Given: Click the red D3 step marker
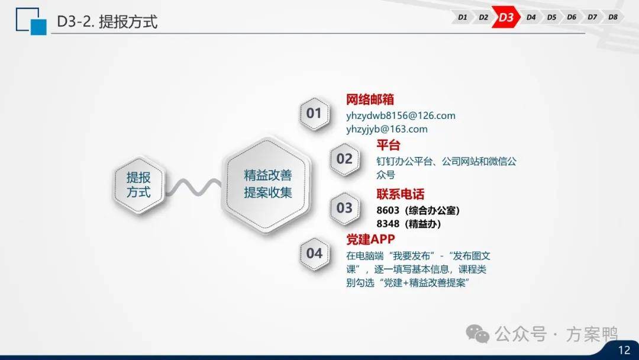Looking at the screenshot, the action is point(506,17).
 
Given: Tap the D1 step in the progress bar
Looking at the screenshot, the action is point(462,17).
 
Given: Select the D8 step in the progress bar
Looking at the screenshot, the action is point(612,17).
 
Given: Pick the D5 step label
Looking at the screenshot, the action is point(551,17).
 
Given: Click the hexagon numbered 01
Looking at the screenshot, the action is point(314,113).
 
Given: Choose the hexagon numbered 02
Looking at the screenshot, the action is point(344,159).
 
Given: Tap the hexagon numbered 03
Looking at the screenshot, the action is point(344,208).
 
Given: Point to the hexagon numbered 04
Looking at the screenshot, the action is point(314,253).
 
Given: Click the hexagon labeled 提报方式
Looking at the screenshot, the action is point(138,185).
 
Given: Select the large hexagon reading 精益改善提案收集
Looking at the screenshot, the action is point(267,185).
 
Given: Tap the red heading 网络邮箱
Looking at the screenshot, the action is point(370,99).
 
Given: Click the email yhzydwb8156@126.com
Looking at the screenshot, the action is point(401,116).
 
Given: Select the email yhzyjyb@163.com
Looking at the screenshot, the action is point(387,129).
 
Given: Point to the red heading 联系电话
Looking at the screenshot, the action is point(400,194).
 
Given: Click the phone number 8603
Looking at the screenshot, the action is point(388,210).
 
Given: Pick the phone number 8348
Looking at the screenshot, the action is point(388,224).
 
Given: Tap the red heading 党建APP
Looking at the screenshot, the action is point(370,239).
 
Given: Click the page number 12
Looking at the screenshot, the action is point(624,350).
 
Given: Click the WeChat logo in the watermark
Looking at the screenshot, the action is point(477,334).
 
